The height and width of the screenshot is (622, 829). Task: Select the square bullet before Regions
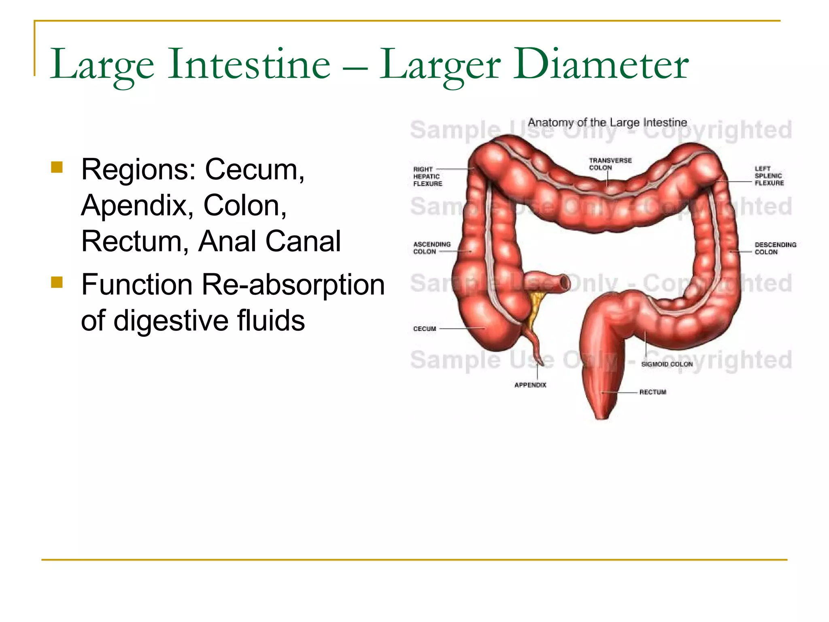[x=57, y=167]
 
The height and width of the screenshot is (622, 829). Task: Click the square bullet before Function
[x=57, y=282]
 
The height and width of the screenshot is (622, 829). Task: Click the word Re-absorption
[x=293, y=284]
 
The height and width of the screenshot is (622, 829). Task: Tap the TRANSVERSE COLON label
[x=610, y=164]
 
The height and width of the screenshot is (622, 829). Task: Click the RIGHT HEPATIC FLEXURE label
[x=427, y=177]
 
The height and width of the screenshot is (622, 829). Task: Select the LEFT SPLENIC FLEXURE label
[x=769, y=176]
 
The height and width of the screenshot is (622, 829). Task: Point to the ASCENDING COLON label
[x=432, y=248]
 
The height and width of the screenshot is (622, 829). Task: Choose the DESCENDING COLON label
[x=775, y=248]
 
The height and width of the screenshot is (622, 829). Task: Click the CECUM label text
[x=424, y=329]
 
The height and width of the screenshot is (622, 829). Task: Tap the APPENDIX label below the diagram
[x=530, y=385]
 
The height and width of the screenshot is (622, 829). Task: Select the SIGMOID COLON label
[x=667, y=364]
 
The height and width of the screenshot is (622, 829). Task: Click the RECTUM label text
[x=653, y=392]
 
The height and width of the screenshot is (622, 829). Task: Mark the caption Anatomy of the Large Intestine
[x=607, y=122]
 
